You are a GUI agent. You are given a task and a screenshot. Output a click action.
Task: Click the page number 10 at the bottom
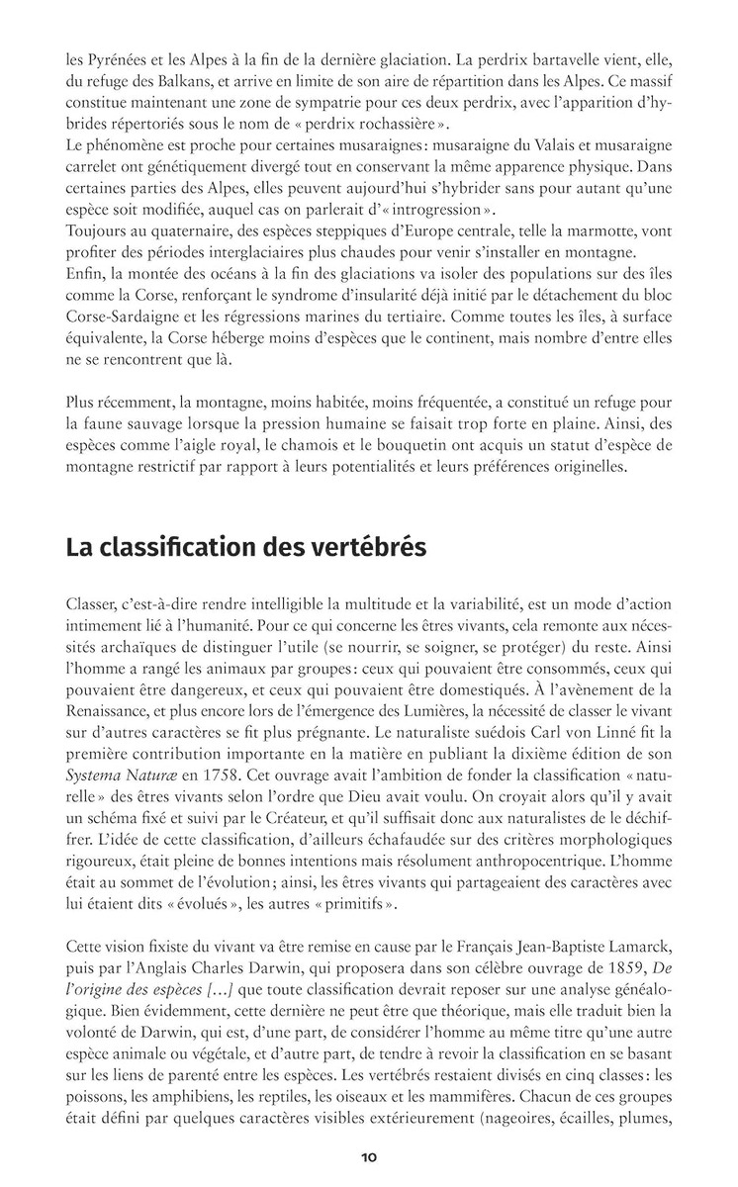368,1156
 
